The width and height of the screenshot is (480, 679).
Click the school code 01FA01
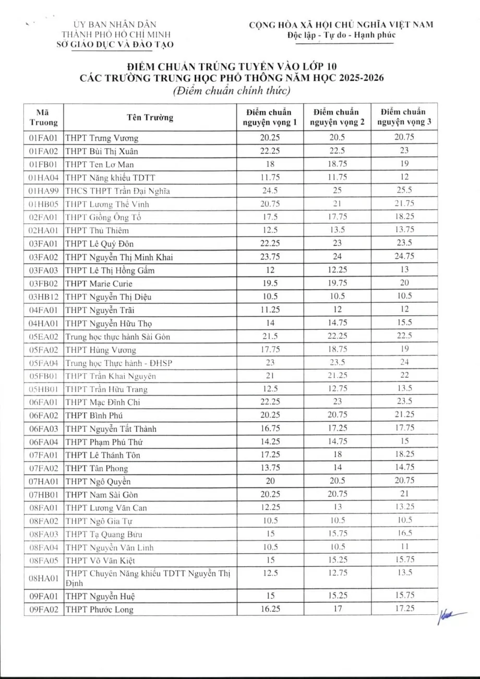point(44,138)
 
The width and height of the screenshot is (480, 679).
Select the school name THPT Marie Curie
point(99,284)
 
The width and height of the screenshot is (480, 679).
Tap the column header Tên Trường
point(150,117)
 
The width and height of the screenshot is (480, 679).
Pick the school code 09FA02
point(44,610)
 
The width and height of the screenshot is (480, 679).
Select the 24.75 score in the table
point(404,257)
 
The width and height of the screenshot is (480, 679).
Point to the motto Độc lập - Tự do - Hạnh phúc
point(341,35)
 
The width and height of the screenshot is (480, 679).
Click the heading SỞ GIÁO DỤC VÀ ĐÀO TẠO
point(115,44)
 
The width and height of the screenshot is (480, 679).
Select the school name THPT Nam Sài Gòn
point(102,495)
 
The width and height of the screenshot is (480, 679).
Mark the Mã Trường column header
point(44,117)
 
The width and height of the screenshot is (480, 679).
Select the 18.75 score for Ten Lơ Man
point(337,164)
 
